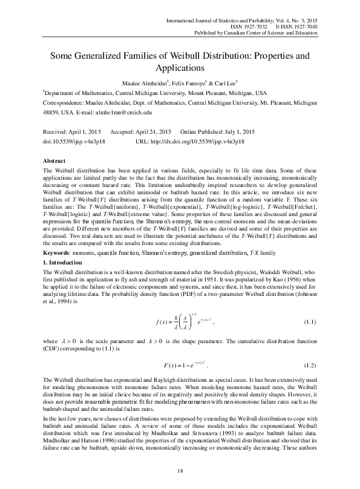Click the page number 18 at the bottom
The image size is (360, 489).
click(180, 470)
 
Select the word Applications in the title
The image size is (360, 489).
click(180, 68)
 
